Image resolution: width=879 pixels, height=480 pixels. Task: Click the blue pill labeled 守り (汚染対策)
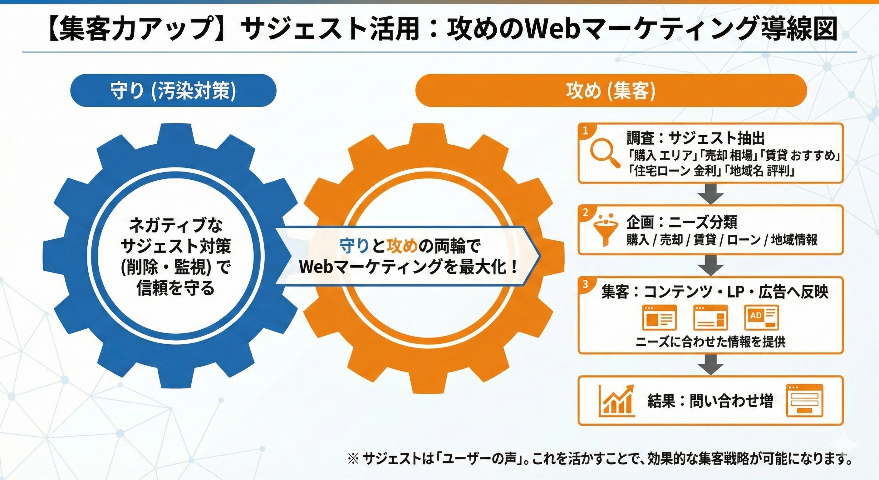(173, 91)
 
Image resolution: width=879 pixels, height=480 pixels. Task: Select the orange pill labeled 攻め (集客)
(611, 91)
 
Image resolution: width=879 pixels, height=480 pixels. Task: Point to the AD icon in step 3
(762, 317)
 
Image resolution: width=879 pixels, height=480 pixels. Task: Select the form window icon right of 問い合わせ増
(805, 400)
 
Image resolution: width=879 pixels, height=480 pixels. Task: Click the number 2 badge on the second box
(586, 213)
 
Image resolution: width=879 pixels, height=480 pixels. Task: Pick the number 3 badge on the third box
(586, 284)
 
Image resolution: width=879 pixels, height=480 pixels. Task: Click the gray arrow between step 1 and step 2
(710, 194)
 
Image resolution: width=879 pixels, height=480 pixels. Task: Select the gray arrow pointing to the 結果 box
(710, 364)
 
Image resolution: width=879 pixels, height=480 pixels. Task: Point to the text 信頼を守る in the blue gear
(175, 288)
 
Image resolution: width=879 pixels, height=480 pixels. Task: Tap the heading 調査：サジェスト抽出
(696, 138)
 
